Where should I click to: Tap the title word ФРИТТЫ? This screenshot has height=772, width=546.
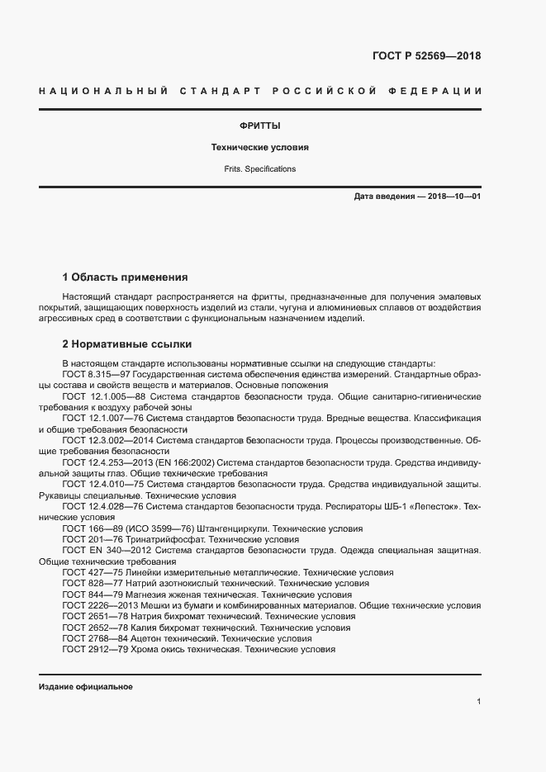click(x=259, y=126)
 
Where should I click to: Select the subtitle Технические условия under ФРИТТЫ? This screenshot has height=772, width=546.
click(x=259, y=147)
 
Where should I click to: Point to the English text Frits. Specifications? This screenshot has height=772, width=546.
click(x=259, y=168)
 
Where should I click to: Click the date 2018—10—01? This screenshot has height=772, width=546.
click(x=453, y=197)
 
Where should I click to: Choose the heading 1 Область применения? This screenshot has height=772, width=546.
click(x=126, y=277)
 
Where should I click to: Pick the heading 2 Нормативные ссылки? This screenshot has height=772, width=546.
click(x=127, y=343)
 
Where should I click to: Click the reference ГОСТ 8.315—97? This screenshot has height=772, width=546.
click(x=97, y=374)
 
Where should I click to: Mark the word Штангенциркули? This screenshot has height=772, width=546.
click(x=233, y=528)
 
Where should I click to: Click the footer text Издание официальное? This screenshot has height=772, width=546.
click(x=86, y=687)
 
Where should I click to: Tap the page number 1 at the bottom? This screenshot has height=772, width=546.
click(x=478, y=701)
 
